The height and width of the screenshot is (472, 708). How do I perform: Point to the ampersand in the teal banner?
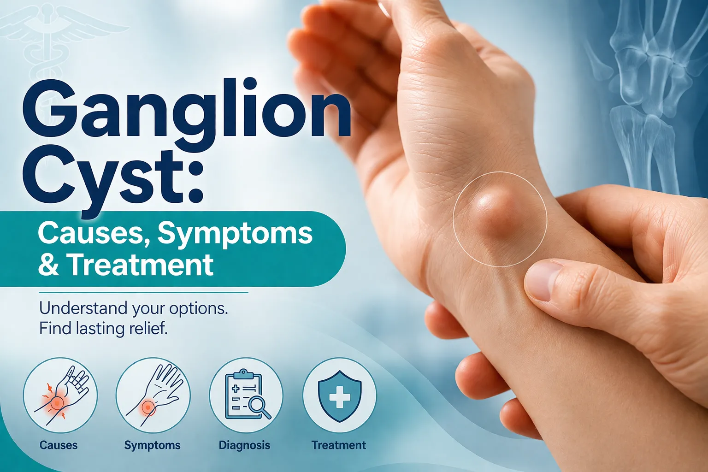pyautogui.click(x=49, y=265)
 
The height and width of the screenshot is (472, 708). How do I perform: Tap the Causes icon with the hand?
pyautogui.click(x=60, y=395)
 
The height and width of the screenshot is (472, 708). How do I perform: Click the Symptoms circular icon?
pyautogui.click(x=153, y=395)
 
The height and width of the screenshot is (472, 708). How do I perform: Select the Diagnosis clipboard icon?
pyautogui.click(x=246, y=395)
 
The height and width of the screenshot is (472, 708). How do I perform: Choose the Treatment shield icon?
pyautogui.click(x=340, y=395)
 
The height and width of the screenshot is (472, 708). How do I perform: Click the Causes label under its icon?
pyautogui.click(x=59, y=445)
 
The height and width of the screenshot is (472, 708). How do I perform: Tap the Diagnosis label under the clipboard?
pyautogui.click(x=244, y=445)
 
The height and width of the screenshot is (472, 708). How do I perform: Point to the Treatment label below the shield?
pyautogui.click(x=339, y=445)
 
